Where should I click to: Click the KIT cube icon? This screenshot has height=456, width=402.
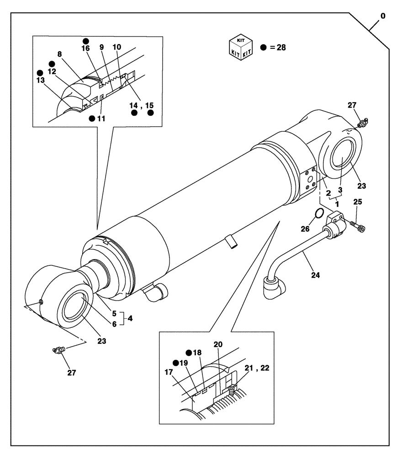pos(241,47)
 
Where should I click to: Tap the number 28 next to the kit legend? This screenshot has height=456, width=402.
pos(280,47)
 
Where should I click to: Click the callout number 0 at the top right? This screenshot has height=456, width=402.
pos(383,16)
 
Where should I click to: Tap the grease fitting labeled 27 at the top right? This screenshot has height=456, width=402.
pos(363,122)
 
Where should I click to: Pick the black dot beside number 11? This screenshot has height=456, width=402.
pos(92,119)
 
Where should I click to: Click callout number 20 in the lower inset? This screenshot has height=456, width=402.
pos(218,344)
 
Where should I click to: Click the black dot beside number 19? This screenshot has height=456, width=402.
pos(175,363)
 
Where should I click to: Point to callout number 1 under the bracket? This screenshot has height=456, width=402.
pos(337,201)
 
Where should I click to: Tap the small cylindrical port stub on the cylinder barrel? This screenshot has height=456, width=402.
pos(232,242)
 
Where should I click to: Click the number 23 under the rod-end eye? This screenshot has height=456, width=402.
pos(102,341)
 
